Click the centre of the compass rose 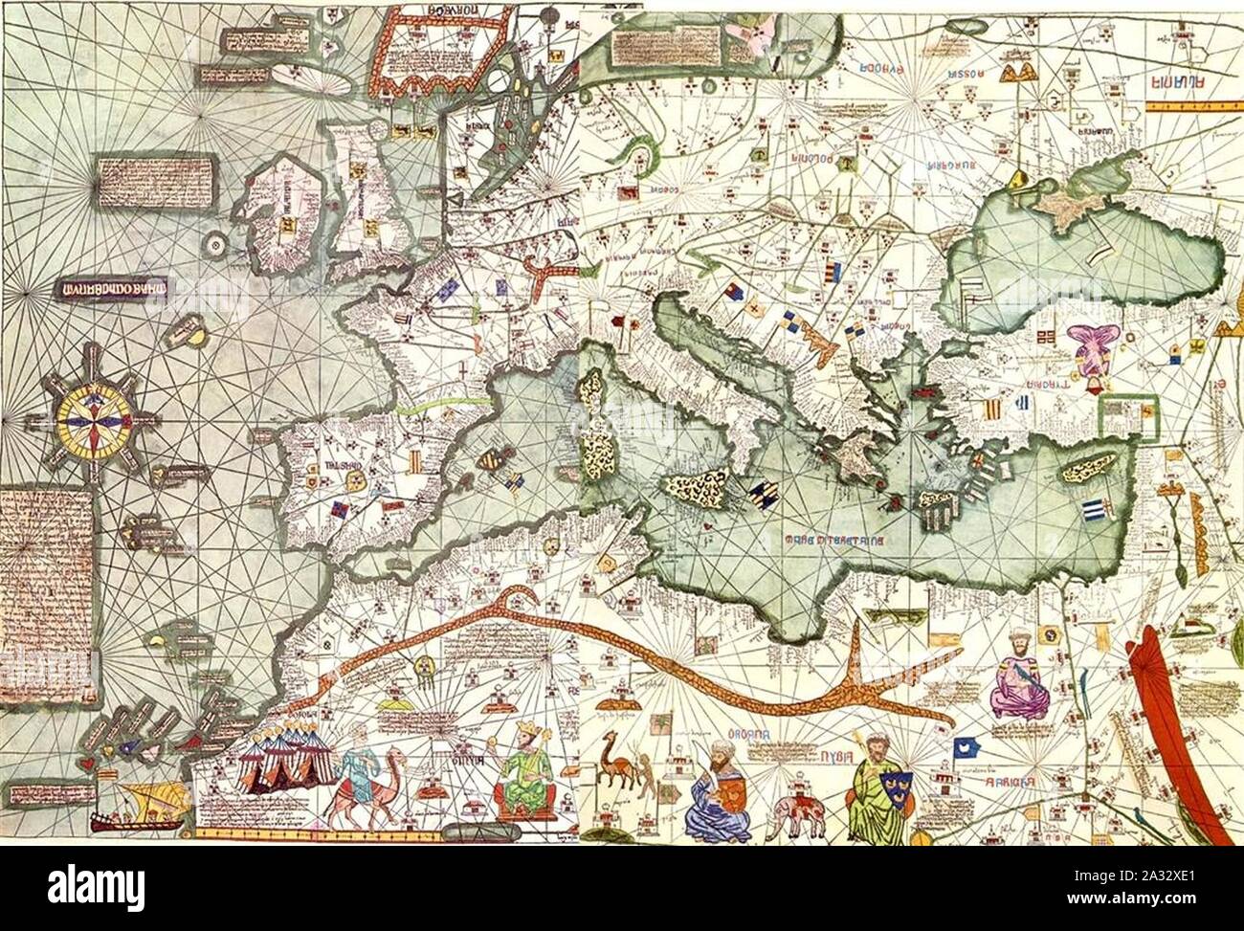[x=94, y=421]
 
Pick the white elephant [x=799, y=812]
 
